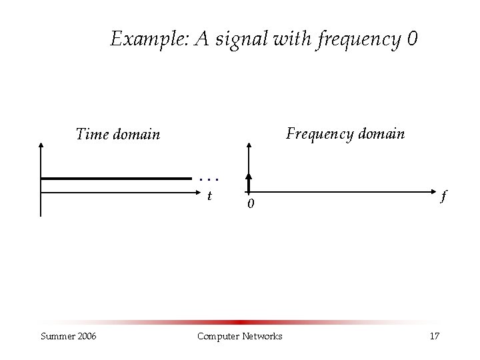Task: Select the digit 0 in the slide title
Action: click(x=411, y=39)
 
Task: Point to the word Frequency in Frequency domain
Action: click(x=317, y=134)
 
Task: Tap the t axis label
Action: click(x=209, y=196)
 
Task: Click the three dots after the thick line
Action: click(x=209, y=179)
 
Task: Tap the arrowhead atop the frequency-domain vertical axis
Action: click(x=249, y=145)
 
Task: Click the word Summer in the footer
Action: click(x=57, y=335)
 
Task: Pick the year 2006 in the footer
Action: click(x=85, y=335)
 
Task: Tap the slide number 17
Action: click(x=434, y=335)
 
